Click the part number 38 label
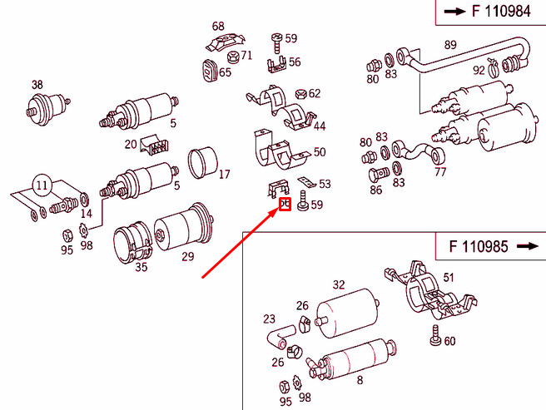(37, 84)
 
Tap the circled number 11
(42, 185)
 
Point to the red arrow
(241, 241)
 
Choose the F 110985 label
(477, 246)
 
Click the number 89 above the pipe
(450, 45)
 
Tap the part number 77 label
(440, 173)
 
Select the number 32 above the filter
(339, 284)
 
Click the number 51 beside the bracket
(449, 278)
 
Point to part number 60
(450, 340)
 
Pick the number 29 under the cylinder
(187, 255)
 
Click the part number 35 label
(141, 267)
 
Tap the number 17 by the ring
(224, 175)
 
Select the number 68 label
(218, 27)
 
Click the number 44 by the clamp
(319, 126)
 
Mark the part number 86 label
(376, 190)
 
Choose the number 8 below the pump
(360, 382)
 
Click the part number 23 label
(269, 319)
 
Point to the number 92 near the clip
(479, 71)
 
